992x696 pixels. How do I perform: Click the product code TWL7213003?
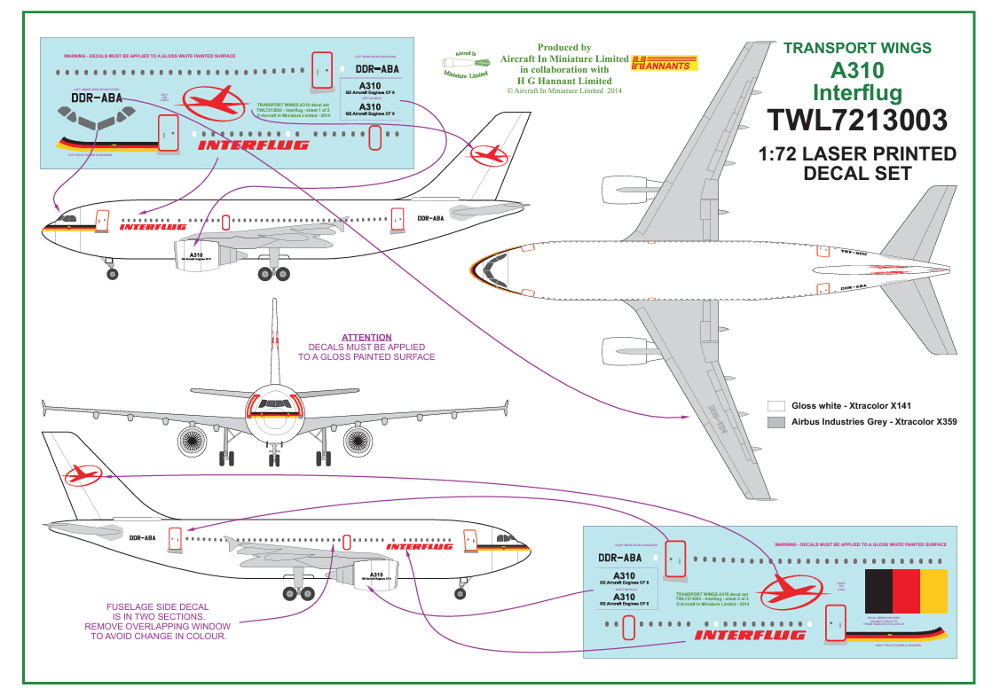[858, 120]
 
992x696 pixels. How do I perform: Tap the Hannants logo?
[665, 62]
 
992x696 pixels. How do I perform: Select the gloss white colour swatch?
[775, 405]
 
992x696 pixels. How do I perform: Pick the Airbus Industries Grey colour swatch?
[775, 423]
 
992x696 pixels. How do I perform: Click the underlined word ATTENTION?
[366, 337]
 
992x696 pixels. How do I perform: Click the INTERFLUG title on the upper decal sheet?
[253, 145]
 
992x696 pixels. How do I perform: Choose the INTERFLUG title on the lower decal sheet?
[750, 635]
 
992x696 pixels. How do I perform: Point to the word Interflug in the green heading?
[857, 92]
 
